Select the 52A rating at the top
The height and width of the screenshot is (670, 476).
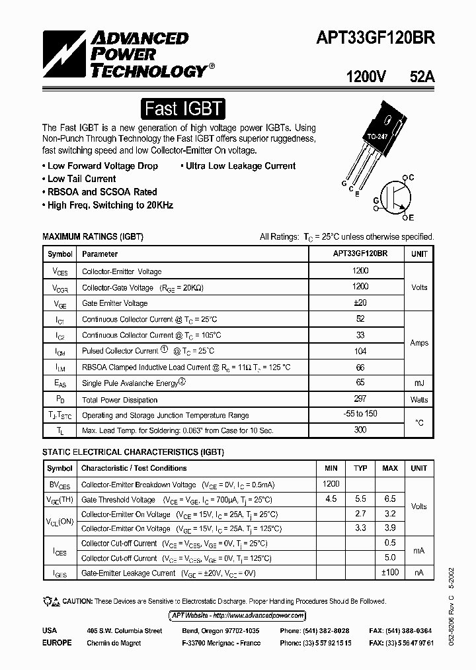coord(422,76)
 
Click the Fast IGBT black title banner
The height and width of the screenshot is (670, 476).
coord(184,109)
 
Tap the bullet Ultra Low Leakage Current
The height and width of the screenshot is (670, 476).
coord(237,166)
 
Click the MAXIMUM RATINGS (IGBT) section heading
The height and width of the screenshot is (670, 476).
coord(93,236)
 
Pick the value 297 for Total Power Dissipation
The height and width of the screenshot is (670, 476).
coord(360,399)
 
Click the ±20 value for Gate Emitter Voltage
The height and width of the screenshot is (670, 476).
coord(360,303)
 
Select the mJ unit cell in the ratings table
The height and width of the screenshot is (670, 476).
coord(419,383)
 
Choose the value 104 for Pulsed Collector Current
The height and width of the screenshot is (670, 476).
coord(360,351)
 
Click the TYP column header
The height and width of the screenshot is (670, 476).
coord(360,468)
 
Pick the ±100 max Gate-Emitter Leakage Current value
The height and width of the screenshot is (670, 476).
coord(389,572)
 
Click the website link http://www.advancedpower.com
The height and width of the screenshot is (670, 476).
coord(237,615)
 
